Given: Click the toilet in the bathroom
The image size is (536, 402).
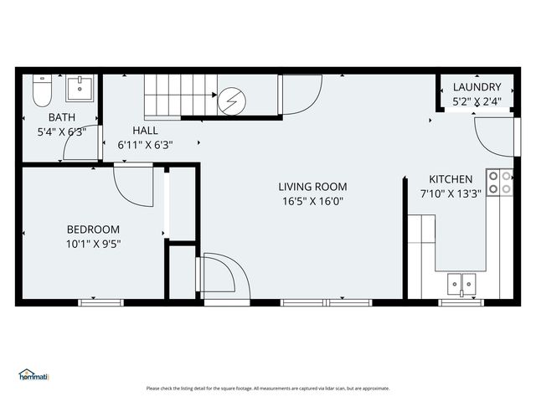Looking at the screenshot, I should (x=39, y=91).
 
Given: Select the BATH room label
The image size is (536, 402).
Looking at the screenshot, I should (x=62, y=118).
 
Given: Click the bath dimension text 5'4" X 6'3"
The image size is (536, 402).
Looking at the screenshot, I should (x=62, y=131).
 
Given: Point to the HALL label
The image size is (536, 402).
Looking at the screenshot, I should (x=145, y=131).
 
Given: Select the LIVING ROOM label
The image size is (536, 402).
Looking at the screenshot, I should (x=312, y=187).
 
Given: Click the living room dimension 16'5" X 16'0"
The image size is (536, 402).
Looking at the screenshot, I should (x=312, y=201).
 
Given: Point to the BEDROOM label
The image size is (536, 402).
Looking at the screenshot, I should (x=93, y=229).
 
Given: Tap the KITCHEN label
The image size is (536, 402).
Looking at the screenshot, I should (x=451, y=179).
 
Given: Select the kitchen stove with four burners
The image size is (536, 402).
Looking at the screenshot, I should (x=500, y=183).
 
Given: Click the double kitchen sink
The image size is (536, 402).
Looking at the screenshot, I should (x=461, y=285).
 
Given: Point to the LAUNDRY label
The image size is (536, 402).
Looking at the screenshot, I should (x=477, y=87).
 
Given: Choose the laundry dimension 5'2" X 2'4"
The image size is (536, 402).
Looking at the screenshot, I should (x=477, y=101).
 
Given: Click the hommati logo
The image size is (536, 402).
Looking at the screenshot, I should (x=33, y=376).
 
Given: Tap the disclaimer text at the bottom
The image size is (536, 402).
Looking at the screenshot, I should (x=268, y=388).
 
